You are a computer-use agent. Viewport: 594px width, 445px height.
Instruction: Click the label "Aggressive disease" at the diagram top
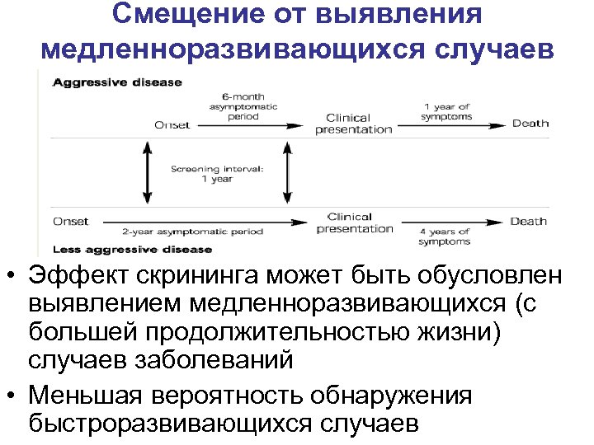(x=117, y=83)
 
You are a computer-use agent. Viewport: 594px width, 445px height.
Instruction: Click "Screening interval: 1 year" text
(x=217, y=174)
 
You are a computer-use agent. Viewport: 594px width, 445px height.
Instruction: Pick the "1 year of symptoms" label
(x=447, y=111)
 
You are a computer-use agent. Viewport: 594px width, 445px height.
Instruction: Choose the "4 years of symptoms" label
(x=445, y=237)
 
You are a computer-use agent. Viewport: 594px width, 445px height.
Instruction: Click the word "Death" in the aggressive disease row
(x=530, y=124)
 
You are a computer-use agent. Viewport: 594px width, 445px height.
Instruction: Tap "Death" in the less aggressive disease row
(x=528, y=221)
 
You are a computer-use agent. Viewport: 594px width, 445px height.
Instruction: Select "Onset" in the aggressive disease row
(x=172, y=125)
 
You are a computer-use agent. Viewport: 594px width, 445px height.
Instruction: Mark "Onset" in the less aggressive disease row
(x=70, y=221)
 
